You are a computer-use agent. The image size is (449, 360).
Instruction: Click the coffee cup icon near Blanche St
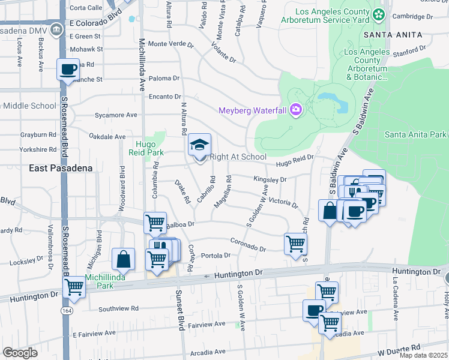pyautogui.click(x=67, y=69)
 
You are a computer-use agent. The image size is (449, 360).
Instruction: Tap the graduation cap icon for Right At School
pyautogui.click(x=199, y=145)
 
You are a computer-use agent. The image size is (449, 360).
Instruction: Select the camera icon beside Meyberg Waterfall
pyautogui.click(x=295, y=109)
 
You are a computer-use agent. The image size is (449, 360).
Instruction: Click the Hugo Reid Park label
pyautogui.click(x=145, y=149)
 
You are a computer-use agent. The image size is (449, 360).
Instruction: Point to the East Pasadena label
pyautogui.click(x=61, y=169)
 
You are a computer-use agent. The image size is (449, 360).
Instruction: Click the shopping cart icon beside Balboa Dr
pyautogui.click(x=155, y=223)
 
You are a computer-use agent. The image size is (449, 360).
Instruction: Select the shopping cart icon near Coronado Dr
pyautogui.click(x=295, y=244)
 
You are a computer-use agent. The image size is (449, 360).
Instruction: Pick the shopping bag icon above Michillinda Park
pyautogui.click(x=123, y=259)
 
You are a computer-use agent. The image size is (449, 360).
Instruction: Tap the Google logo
pyautogui.click(x=20, y=353)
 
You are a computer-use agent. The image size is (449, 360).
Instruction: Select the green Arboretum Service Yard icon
pyautogui.click(x=378, y=14)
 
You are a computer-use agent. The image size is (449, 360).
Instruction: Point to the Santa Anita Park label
pyautogui.click(x=416, y=134)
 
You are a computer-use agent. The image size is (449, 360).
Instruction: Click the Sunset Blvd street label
pyautogui.click(x=179, y=310)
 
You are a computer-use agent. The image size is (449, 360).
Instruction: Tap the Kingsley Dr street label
pyautogui.click(x=270, y=179)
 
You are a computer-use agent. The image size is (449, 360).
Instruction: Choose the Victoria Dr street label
pyautogui.click(x=283, y=202)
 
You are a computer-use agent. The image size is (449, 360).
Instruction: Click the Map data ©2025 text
pyautogui.click(x=423, y=355)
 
